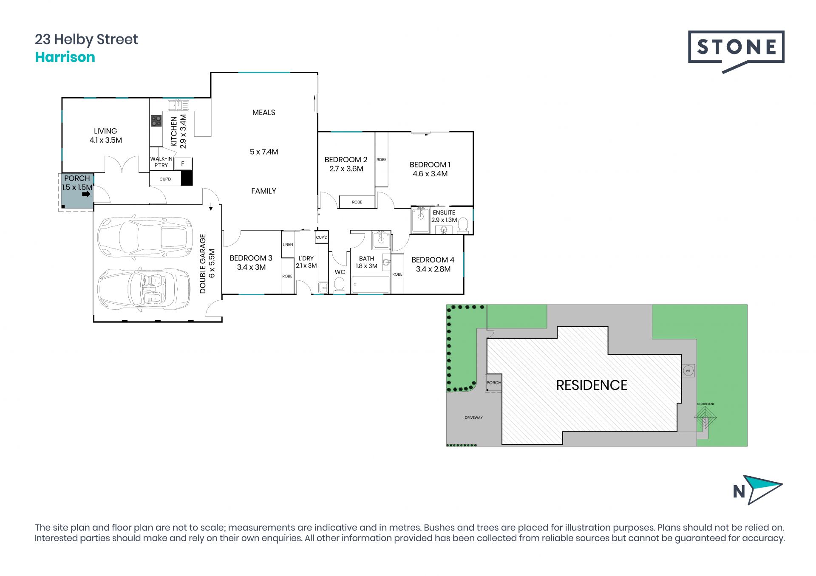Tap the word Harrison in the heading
coord(65,57)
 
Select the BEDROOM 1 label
coord(430,164)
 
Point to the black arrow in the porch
coord(86,194)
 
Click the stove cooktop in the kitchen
coord(156,121)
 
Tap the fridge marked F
coord(183,164)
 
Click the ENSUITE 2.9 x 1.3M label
coord(444,216)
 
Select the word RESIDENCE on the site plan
coord(592,385)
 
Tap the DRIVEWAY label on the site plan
coord(473,418)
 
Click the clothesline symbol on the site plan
coord(705,418)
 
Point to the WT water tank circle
coord(688,371)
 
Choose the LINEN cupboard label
coord(288,245)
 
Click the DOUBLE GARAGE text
coord(203,264)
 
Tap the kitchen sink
coord(178,105)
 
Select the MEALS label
coord(263,113)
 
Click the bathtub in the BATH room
coord(370,284)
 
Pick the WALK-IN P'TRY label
coord(161,162)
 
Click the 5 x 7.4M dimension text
coord(264,152)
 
